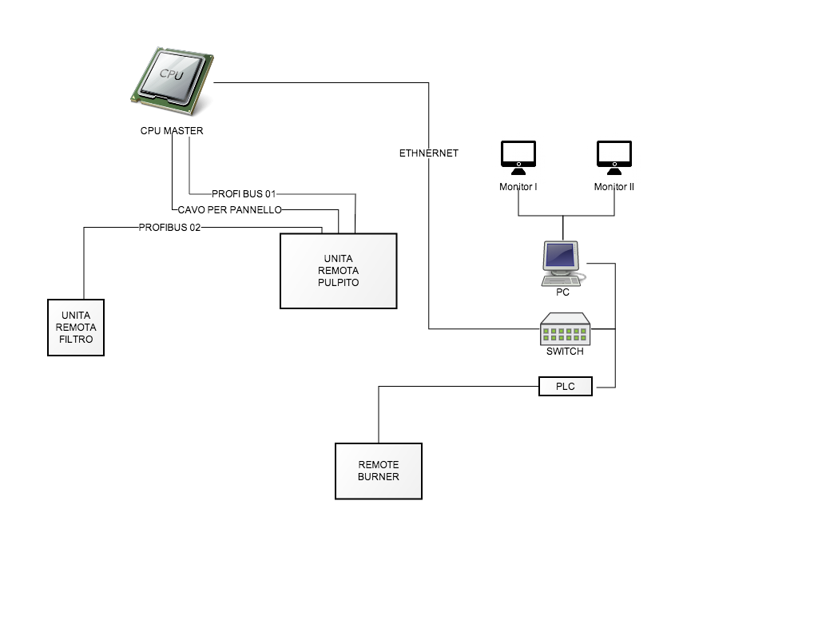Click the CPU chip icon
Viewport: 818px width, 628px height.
173,81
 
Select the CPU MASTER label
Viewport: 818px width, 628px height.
172,131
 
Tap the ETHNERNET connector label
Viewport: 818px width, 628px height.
429,153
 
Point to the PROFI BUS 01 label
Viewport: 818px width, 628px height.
244,194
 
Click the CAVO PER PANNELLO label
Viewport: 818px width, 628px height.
229,209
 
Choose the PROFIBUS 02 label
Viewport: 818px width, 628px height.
169,228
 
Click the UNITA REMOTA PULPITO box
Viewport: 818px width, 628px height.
339,271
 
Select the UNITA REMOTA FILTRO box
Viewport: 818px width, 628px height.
76,328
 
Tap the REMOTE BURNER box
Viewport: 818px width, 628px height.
378,471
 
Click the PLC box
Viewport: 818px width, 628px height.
566,387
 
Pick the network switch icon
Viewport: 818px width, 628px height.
565,328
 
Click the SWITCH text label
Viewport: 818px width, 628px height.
565,352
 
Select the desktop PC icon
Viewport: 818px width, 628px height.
563,264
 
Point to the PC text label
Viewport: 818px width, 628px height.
563,292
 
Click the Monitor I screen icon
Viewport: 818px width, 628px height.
518,157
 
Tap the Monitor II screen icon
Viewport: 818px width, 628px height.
614,157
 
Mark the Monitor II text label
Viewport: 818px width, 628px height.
614,187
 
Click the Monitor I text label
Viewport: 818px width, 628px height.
518,187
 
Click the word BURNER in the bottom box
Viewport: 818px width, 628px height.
378,477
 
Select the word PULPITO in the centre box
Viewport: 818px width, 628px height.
339,283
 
